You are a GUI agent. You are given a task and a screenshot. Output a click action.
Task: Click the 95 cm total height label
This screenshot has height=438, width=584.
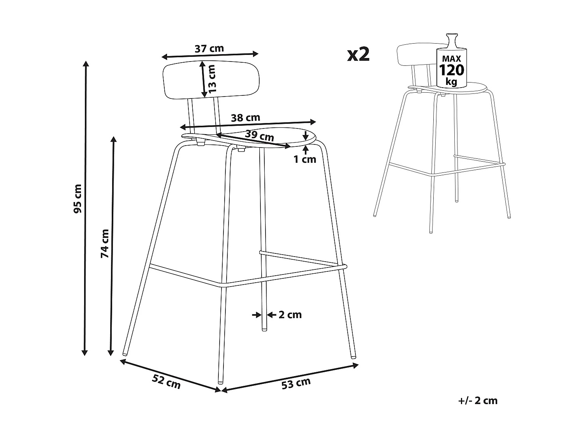[x=78, y=199]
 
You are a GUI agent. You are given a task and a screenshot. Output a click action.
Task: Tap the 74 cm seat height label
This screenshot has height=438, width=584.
[x=105, y=244]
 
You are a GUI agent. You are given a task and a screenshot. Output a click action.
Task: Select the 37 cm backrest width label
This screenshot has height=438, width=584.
[x=209, y=49]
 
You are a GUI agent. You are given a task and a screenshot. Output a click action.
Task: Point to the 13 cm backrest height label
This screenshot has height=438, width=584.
[x=211, y=79]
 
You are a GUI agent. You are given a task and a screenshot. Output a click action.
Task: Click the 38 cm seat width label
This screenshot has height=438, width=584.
[x=245, y=118]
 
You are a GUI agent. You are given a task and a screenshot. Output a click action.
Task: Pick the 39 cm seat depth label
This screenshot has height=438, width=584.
[x=260, y=136]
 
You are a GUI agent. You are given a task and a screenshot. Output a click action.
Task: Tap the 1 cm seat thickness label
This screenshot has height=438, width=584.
[x=305, y=159]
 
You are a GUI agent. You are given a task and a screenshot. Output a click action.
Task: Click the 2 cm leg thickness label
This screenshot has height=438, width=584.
[x=290, y=315]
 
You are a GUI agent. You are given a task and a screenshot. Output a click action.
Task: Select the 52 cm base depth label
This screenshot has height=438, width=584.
[x=167, y=382]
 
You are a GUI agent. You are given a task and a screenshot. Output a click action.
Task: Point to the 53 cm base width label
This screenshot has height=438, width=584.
[x=296, y=383]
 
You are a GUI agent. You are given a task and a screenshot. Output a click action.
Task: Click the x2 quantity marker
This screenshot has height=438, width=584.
[x=358, y=55]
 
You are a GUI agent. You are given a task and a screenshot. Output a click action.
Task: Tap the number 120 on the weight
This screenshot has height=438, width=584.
[x=452, y=70]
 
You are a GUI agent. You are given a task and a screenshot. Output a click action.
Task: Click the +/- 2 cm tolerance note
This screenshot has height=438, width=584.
[x=478, y=401]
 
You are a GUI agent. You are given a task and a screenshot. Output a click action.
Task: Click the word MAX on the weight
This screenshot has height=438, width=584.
[x=452, y=59]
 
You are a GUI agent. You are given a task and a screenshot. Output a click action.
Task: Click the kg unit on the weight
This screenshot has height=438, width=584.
[x=452, y=82]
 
